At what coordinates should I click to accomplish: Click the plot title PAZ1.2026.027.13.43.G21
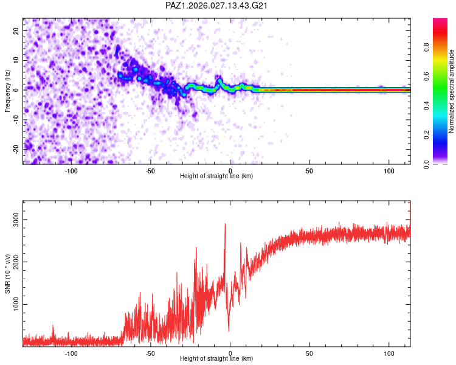coord(216,5)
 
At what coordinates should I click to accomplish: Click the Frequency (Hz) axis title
coord(7,91)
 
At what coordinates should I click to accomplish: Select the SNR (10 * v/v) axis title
coord(7,274)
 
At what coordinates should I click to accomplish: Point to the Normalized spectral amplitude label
coord(451,91)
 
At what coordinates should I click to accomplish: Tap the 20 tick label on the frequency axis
coord(16,30)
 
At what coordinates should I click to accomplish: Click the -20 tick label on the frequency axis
coord(16,149)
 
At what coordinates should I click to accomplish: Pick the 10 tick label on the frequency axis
coord(16,60)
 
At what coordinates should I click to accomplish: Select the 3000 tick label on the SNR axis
coord(16,220)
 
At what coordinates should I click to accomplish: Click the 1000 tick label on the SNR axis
coord(16,304)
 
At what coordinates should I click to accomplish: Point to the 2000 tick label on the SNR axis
coord(16,262)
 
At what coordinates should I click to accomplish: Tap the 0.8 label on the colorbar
coord(427,47)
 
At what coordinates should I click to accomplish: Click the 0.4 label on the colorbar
coord(427,106)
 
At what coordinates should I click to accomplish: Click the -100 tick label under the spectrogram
coord(71,171)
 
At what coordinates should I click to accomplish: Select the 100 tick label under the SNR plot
coord(389,353)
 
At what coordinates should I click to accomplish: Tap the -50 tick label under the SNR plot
coord(150,353)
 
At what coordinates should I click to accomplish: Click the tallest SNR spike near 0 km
coord(225,224)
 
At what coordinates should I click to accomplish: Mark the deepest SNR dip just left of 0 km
coord(229,331)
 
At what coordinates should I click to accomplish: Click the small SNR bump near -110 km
coord(53,325)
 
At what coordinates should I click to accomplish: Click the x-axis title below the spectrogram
coord(216,176)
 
